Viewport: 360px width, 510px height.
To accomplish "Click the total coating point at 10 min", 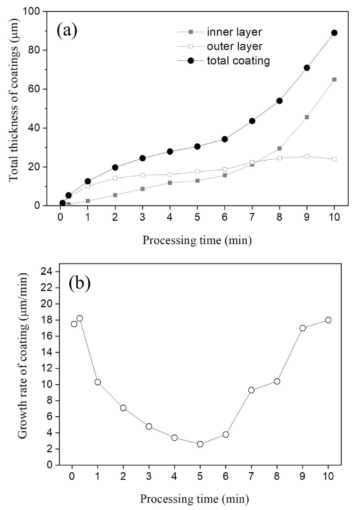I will (x=335, y=33).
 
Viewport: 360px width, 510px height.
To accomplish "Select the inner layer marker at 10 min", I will (x=335, y=80).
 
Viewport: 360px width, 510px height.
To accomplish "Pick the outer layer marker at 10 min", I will (x=335, y=159).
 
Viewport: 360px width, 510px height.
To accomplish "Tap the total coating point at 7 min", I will (x=252, y=121).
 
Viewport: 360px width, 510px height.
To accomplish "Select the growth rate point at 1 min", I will (x=98, y=382).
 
